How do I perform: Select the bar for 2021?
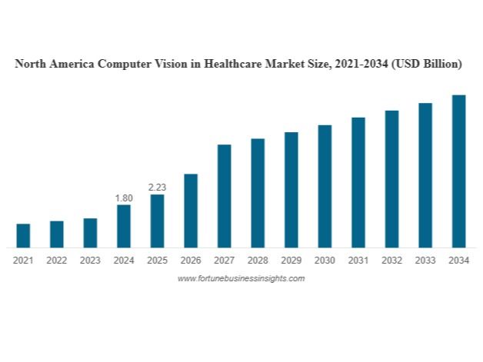coord(23,235)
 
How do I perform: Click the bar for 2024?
coord(124,226)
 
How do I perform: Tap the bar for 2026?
coord(191,211)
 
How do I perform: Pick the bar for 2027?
coord(225,196)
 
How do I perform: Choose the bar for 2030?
coord(325,186)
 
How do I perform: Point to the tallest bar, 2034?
coord(458,171)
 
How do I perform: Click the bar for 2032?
coord(391,179)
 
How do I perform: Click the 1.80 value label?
coord(124,198)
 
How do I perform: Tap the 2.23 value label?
coord(157,188)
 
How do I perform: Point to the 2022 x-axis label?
coord(57,261)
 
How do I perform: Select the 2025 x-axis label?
coord(157,261)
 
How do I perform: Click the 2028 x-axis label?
coord(258,261)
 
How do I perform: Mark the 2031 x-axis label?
coord(358,261)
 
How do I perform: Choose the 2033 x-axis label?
coord(425,261)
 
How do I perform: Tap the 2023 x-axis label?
coord(90,261)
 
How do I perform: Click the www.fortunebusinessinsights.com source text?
coord(241,278)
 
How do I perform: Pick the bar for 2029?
coord(291,190)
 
